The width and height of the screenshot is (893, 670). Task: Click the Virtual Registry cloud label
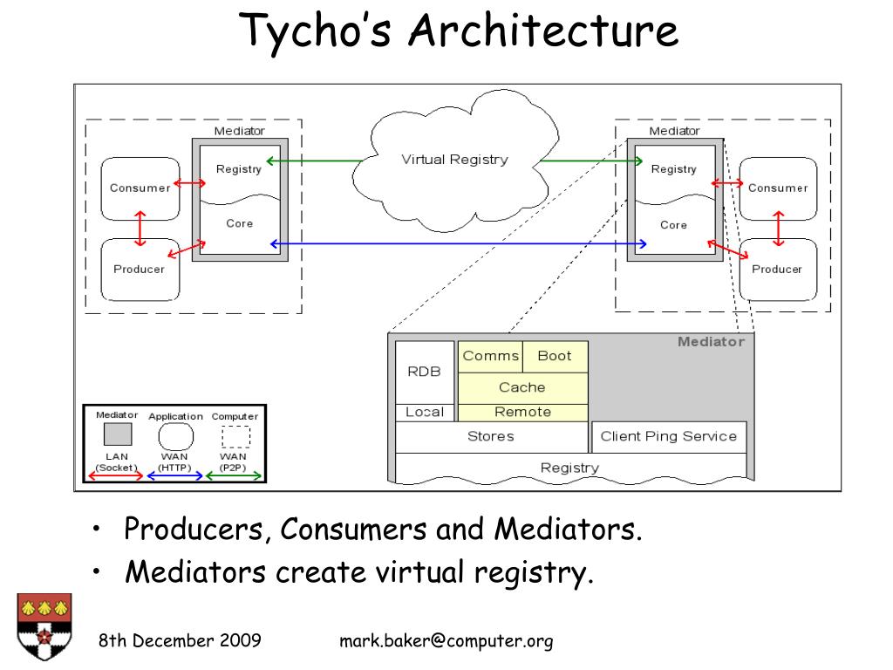[x=454, y=160]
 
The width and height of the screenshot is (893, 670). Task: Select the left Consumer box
[x=140, y=188]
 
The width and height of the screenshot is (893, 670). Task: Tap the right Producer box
[x=778, y=270]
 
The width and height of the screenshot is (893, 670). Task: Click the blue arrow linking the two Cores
[x=459, y=244]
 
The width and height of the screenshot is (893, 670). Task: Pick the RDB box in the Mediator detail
[x=425, y=372]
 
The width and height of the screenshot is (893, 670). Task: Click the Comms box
[x=490, y=357]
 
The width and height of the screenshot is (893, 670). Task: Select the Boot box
[x=556, y=357]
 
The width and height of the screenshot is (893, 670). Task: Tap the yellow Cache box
[x=523, y=388]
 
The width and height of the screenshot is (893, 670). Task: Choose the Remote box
[x=523, y=412]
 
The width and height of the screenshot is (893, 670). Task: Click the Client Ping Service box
[x=669, y=437]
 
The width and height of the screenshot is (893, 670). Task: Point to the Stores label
[x=490, y=436]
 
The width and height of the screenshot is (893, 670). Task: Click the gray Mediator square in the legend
[x=118, y=434]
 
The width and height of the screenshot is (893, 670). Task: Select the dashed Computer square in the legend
[x=235, y=437]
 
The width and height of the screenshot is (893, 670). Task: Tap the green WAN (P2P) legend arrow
[x=234, y=475]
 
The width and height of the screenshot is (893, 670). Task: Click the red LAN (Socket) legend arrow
[x=116, y=475]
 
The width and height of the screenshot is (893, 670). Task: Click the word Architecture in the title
[x=544, y=31]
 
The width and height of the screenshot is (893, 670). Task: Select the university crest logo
[x=44, y=626]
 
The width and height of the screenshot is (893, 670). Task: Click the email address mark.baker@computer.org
[x=446, y=641]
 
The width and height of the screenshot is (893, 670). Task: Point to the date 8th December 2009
[x=180, y=640]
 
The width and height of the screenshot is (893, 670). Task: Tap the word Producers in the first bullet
[x=194, y=529]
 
